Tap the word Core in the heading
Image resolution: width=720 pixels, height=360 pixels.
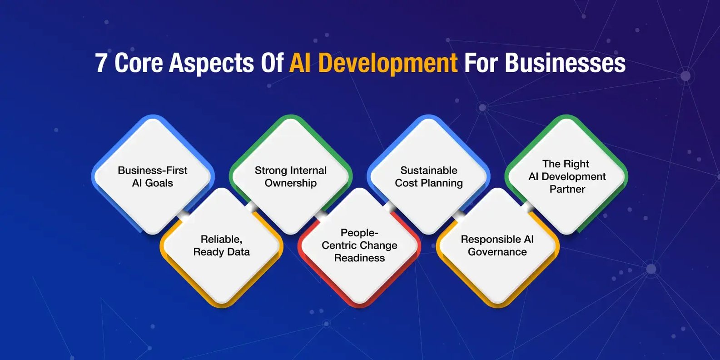pyautogui.click(x=139, y=63)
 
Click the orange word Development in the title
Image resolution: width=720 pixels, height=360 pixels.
pyautogui.click(x=387, y=64)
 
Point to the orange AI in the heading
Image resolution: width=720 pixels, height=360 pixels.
pyautogui.click(x=300, y=63)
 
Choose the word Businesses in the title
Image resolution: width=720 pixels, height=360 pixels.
pyautogui.click(x=565, y=63)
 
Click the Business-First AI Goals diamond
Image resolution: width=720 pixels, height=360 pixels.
pyautogui.click(x=153, y=176)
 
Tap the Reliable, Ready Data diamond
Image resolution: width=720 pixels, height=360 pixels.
pyautogui.click(x=222, y=246)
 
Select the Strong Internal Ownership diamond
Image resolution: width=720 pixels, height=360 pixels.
pyautogui.click(x=291, y=176)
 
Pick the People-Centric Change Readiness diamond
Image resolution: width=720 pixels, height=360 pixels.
pyautogui.click(x=359, y=246)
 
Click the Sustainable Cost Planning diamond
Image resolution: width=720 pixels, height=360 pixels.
pyautogui.click(x=428, y=176)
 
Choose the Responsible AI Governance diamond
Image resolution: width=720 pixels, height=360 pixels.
pyautogui.click(x=497, y=246)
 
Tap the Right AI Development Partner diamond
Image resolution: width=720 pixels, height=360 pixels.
pyautogui.click(x=566, y=176)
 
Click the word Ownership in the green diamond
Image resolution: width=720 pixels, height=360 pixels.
pyautogui.click(x=291, y=183)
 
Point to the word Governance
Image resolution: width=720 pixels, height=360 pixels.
pyautogui.click(x=497, y=252)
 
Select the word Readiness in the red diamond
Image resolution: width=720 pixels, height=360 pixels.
pyautogui.click(x=359, y=258)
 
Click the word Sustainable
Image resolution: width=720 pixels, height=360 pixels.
pyautogui.click(x=429, y=170)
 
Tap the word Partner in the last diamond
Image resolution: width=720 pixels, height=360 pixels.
pyautogui.click(x=567, y=189)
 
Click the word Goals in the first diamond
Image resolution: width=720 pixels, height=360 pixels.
pyautogui.click(x=159, y=183)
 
